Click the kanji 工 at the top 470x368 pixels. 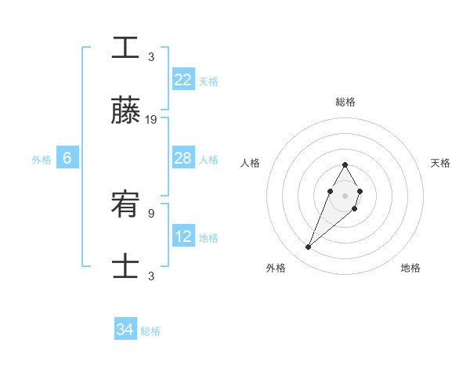click(x=125, y=47)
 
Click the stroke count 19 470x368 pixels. click(x=151, y=120)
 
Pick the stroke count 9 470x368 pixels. click(x=151, y=212)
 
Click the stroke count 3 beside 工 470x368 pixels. click(x=151, y=56)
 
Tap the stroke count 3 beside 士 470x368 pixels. click(x=151, y=276)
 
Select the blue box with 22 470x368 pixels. click(x=183, y=80)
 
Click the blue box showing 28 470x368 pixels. click(x=183, y=158)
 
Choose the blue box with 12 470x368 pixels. click(x=183, y=236)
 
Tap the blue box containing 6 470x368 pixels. click(x=67, y=158)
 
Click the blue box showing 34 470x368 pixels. click(x=125, y=330)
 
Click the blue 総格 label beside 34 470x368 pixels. click(x=150, y=331)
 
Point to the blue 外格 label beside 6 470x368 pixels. click(x=42, y=159)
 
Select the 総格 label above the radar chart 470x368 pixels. click(x=345, y=102)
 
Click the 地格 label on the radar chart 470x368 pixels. click(x=410, y=268)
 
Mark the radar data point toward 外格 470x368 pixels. click(x=308, y=247)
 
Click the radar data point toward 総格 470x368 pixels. click(x=345, y=164)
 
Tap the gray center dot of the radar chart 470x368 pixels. click(x=345, y=194)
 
